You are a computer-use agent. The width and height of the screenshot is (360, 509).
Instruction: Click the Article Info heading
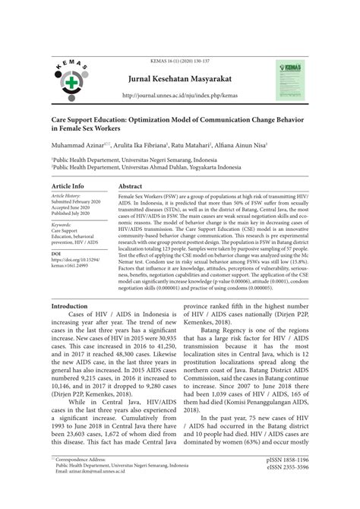tap(68, 186)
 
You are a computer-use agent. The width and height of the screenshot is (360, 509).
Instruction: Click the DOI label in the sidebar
tap(56, 251)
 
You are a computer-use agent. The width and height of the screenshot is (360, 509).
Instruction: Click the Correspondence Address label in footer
tap(84, 481)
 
